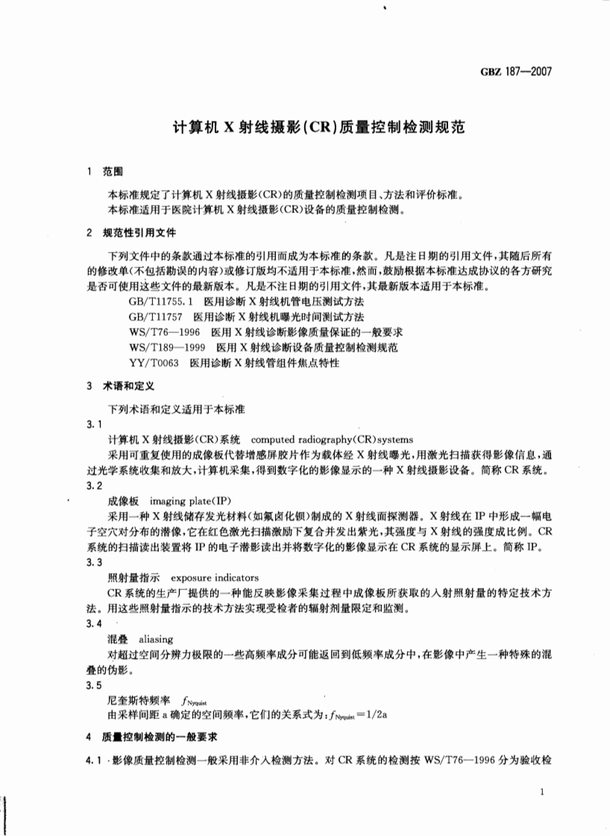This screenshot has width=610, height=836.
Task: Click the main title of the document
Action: pos(318,127)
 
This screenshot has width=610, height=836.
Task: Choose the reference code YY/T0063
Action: pos(154,363)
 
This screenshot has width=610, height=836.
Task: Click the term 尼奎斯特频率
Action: pos(139,701)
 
